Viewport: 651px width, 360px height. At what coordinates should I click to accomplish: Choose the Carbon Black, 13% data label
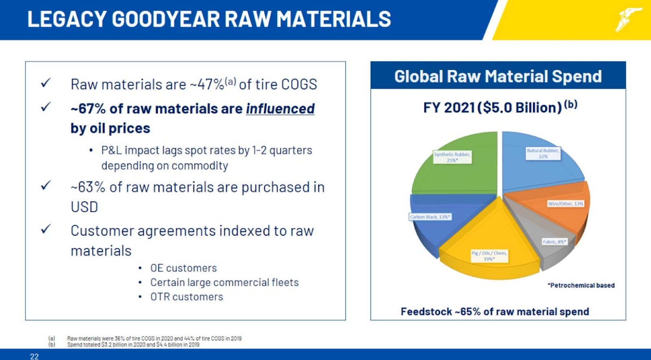430,217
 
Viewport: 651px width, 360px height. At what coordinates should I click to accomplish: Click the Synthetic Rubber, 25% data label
452,157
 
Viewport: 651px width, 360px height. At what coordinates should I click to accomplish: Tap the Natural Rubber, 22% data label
543,153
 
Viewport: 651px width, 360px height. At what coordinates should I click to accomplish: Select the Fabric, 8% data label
554,242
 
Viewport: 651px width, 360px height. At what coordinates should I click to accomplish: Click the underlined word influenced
280,109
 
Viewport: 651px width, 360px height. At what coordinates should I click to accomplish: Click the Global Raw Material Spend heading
498,76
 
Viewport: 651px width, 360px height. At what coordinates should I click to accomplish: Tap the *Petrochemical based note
581,285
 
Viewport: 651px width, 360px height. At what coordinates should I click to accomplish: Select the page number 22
35,356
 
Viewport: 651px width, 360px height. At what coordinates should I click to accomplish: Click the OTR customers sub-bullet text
187,297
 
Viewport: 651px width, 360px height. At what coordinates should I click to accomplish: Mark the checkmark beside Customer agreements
46,229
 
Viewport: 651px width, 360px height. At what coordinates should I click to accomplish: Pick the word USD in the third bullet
84,207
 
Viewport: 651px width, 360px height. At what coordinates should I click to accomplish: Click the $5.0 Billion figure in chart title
520,107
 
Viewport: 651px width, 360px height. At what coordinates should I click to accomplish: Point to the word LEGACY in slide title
66,19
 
